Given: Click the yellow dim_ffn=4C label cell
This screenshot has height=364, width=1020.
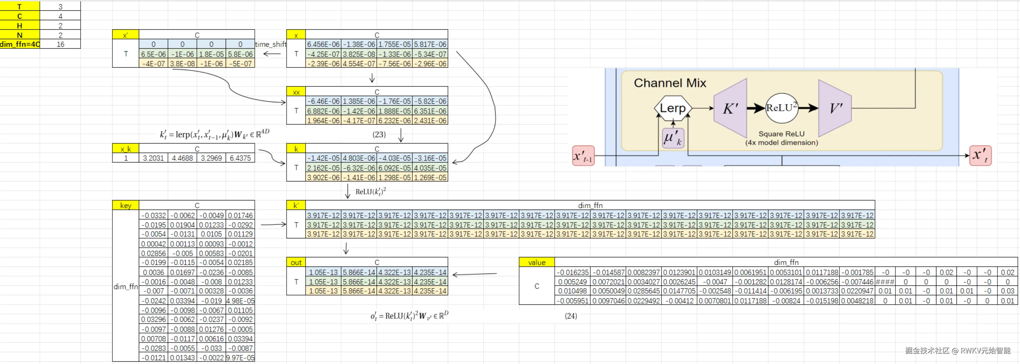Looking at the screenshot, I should pos(20,44).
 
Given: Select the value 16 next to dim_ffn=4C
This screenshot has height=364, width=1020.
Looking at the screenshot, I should pos(60,44).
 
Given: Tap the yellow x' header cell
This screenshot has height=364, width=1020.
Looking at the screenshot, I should pos(125,35).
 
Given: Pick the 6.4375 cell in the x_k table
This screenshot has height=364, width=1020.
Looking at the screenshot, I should pos(240,158).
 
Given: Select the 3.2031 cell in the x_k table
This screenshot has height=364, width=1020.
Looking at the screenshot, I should pos(153,158).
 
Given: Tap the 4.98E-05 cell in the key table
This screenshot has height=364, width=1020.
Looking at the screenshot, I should pos(240,300).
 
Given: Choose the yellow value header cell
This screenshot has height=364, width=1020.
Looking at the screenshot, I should pos(537,262).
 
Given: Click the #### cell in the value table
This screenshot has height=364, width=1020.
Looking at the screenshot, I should pos(884,281).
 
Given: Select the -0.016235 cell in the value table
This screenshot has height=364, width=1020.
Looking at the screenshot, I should pos(572,272).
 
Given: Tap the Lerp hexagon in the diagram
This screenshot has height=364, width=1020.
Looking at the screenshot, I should pos(672,108).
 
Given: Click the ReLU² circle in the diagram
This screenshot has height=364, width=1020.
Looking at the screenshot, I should pos(781,108).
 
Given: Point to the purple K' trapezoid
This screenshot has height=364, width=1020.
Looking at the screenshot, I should pos(731,108).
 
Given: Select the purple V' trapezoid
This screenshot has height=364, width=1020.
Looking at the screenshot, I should pos(835,108).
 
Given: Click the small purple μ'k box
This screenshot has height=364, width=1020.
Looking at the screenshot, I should pos(672,138).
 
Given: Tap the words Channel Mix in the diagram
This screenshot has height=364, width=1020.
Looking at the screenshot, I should pos(670,83).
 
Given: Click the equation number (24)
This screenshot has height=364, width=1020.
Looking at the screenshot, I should pos(571,315).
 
